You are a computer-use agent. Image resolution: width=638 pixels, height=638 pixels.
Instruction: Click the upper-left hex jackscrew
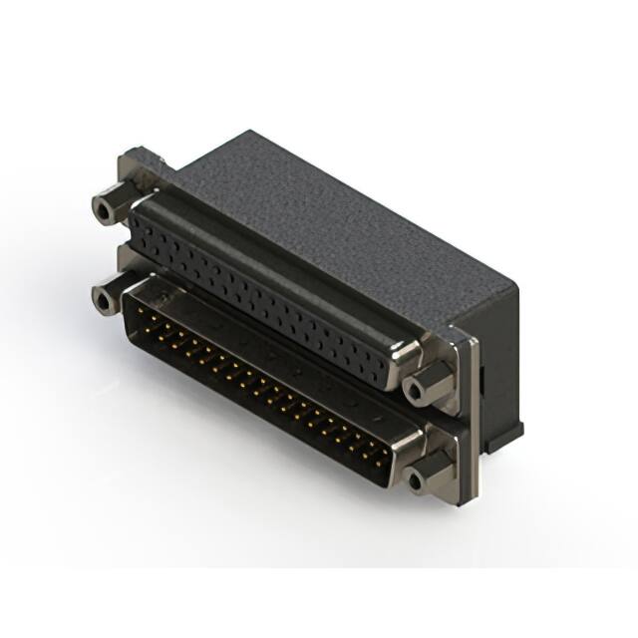pyautogui.click(x=106, y=208)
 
